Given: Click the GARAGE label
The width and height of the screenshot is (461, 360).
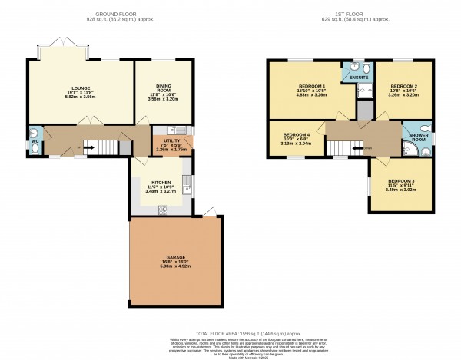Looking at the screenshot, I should (177, 257).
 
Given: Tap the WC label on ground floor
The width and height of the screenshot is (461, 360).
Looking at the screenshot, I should (35, 141).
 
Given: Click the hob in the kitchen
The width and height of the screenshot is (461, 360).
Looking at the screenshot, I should (163, 209).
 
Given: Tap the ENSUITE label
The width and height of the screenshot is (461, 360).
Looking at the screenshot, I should (358, 78).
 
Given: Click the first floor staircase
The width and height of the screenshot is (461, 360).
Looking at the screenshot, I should (350, 144).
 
